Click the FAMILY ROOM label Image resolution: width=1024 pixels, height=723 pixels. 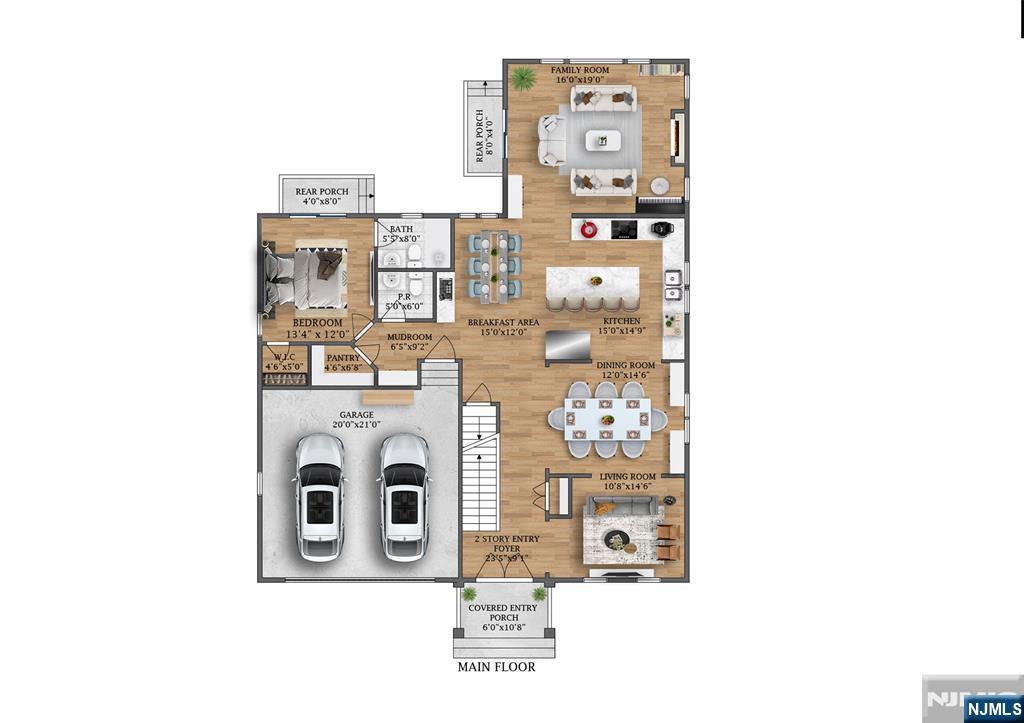point(580,71)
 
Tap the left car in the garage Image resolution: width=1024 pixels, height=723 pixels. point(319,496)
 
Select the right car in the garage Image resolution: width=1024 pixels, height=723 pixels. point(403,496)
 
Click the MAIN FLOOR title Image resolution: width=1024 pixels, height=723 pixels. point(496,667)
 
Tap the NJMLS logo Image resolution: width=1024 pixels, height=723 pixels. point(993,710)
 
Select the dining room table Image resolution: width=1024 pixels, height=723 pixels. point(606,419)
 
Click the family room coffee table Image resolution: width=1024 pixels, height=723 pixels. point(603,140)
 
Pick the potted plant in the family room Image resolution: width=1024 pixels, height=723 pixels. point(521,77)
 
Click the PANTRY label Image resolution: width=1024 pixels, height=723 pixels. point(343,357)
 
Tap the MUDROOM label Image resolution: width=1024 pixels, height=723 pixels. point(410,337)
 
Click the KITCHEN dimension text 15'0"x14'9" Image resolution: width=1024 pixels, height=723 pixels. point(620,331)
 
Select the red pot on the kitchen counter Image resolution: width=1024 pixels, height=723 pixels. point(590,229)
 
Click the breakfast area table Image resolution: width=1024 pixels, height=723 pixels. point(494,265)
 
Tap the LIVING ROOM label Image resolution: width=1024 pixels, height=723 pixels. point(628,477)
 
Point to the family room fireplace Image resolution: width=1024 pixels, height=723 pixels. point(677,138)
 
